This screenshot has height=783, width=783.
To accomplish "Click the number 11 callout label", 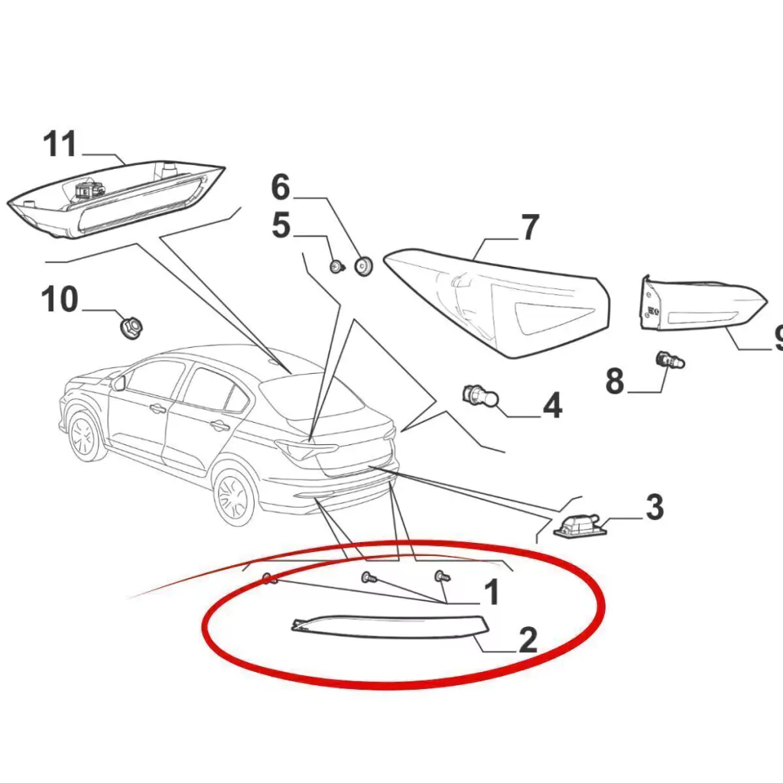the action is [60, 145].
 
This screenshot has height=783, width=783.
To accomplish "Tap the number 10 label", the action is [60, 299].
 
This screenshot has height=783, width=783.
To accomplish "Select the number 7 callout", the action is [530, 227].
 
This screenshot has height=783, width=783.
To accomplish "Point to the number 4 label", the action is [552, 405].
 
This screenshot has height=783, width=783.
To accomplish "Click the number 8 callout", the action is [616, 381].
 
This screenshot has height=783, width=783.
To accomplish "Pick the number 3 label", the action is [655, 507].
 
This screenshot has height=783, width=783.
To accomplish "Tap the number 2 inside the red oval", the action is [528, 640].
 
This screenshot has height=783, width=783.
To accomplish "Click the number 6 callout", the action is [281, 187].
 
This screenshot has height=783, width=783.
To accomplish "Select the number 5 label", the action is [281, 226].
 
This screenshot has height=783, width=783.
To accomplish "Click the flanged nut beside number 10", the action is [131, 327].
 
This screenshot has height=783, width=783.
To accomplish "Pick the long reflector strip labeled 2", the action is [388, 626].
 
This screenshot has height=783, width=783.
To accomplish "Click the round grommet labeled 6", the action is [363, 266].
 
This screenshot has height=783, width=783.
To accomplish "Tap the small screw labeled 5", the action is [337, 267].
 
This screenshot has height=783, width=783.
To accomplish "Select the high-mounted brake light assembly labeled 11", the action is [116, 200].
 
